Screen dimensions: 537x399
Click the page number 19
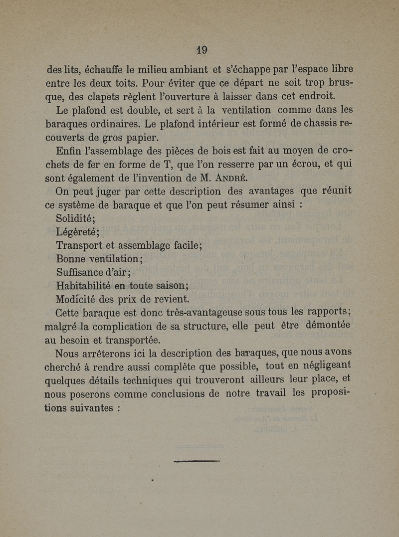tap(201, 50)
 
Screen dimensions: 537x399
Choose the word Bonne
tap(71, 259)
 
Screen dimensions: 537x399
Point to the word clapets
tap(99, 95)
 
